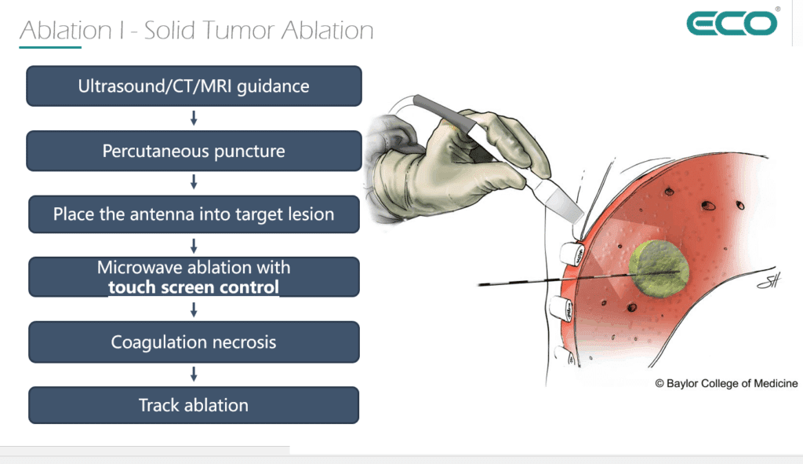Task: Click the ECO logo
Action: click(x=732, y=23)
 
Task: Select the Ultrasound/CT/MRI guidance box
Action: click(x=194, y=86)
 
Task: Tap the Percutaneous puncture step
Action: click(x=194, y=151)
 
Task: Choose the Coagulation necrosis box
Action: click(x=194, y=342)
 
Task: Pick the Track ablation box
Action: click(x=194, y=405)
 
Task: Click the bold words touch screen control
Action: click(x=194, y=287)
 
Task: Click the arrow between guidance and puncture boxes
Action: click(x=194, y=119)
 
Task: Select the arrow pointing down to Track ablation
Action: click(x=194, y=374)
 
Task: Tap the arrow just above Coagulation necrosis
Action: click(x=194, y=309)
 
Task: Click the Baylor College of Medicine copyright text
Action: click(x=726, y=383)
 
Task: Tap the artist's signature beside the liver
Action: click(x=768, y=279)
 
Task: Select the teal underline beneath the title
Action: click(x=50, y=48)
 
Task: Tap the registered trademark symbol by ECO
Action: click(x=777, y=9)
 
